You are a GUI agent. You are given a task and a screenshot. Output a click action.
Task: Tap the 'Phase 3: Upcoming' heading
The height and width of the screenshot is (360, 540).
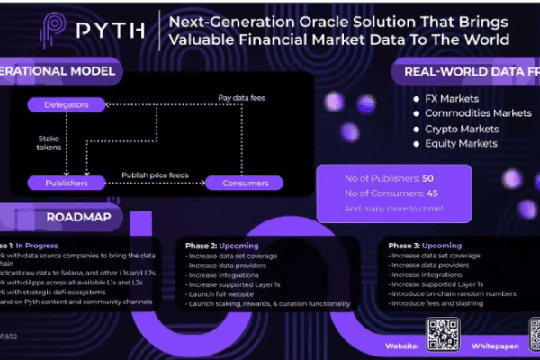(x=426, y=245)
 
